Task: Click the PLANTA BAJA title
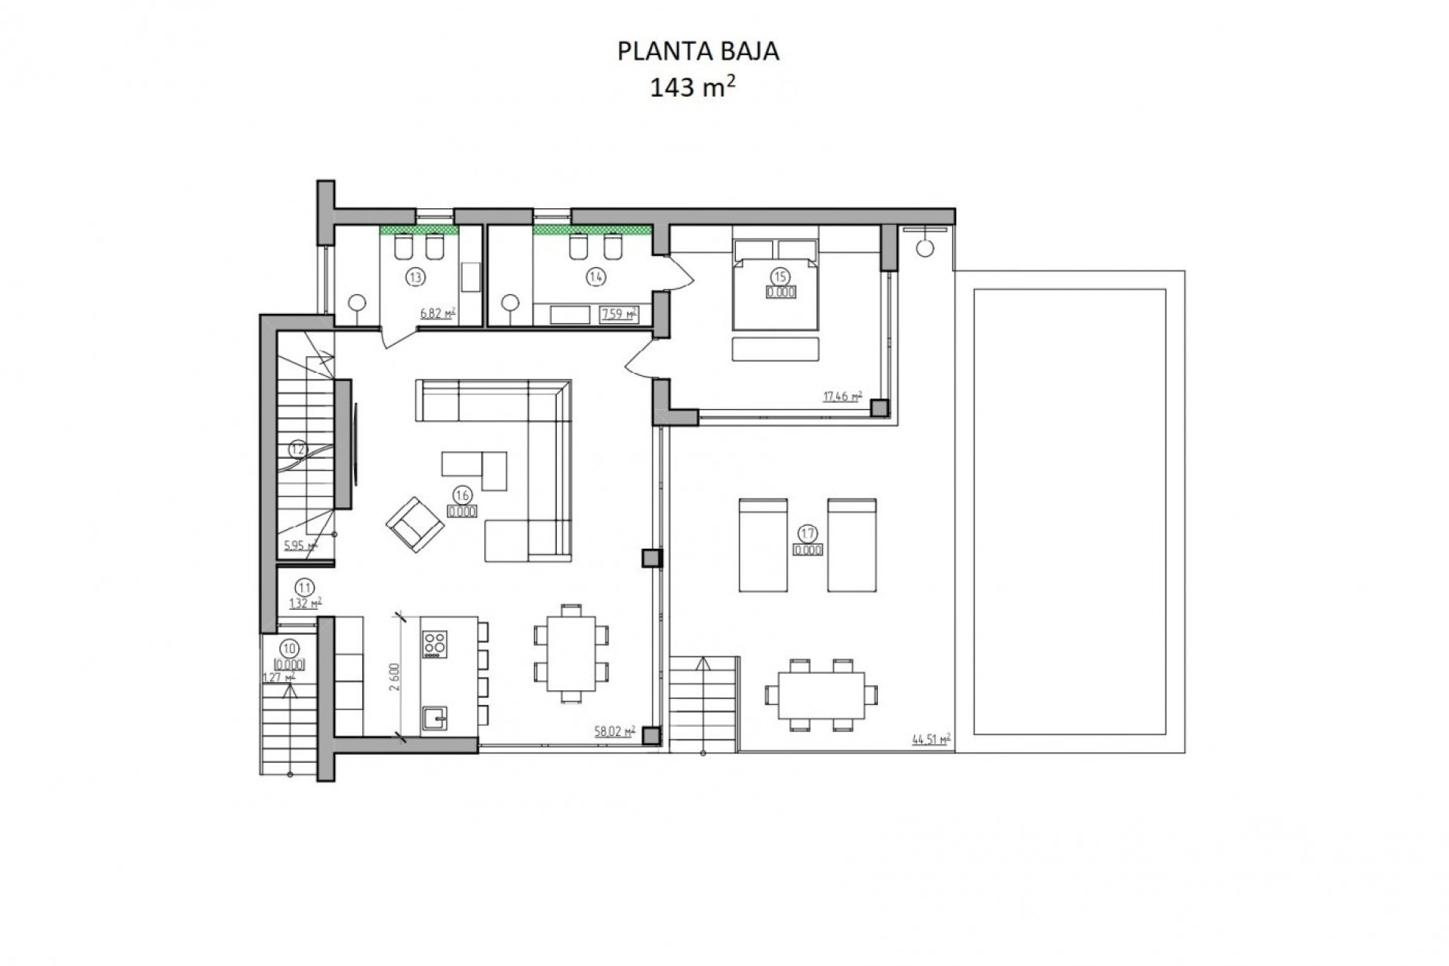click(x=698, y=51)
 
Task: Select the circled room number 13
click(x=414, y=277)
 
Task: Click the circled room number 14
click(x=595, y=277)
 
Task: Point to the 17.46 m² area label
click(x=842, y=395)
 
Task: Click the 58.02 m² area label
click(x=614, y=731)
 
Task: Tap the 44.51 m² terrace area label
click(x=930, y=740)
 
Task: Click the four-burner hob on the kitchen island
click(x=435, y=643)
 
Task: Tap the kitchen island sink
click(x=435, y=716)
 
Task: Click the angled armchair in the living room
click(x=414, y=521)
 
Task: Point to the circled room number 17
click(x=807, y=534)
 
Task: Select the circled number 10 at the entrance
click(x=288, y=647)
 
